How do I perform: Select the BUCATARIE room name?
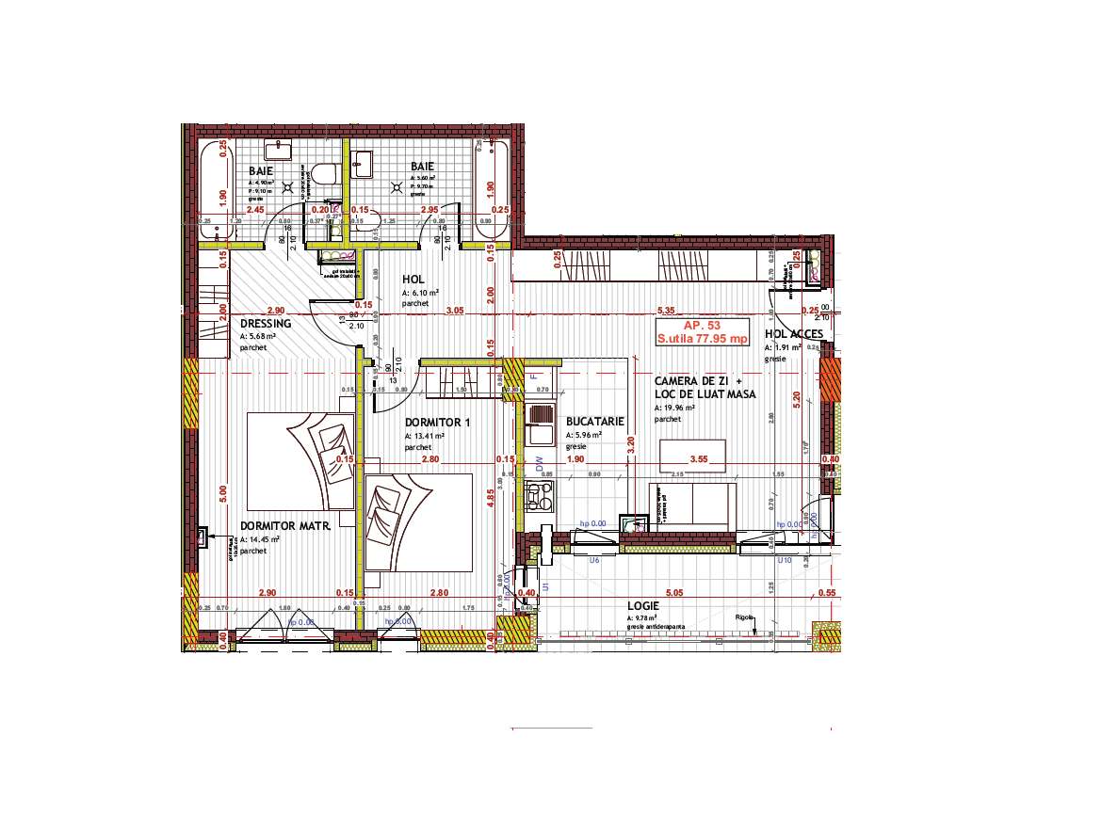[595, 423]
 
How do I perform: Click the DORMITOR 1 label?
[437, 423]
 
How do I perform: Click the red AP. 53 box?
[703, 331]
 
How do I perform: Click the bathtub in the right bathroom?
[491, 188]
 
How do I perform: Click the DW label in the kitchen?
[541, 464]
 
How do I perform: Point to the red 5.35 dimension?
[667, 310]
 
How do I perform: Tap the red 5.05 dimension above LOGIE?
[673, 593]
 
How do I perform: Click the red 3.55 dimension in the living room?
[699, 459]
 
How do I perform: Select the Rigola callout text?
[746, 618]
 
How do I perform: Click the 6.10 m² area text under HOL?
[417, 294]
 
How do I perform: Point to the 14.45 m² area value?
[256, 539]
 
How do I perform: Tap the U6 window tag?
[594, 560]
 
